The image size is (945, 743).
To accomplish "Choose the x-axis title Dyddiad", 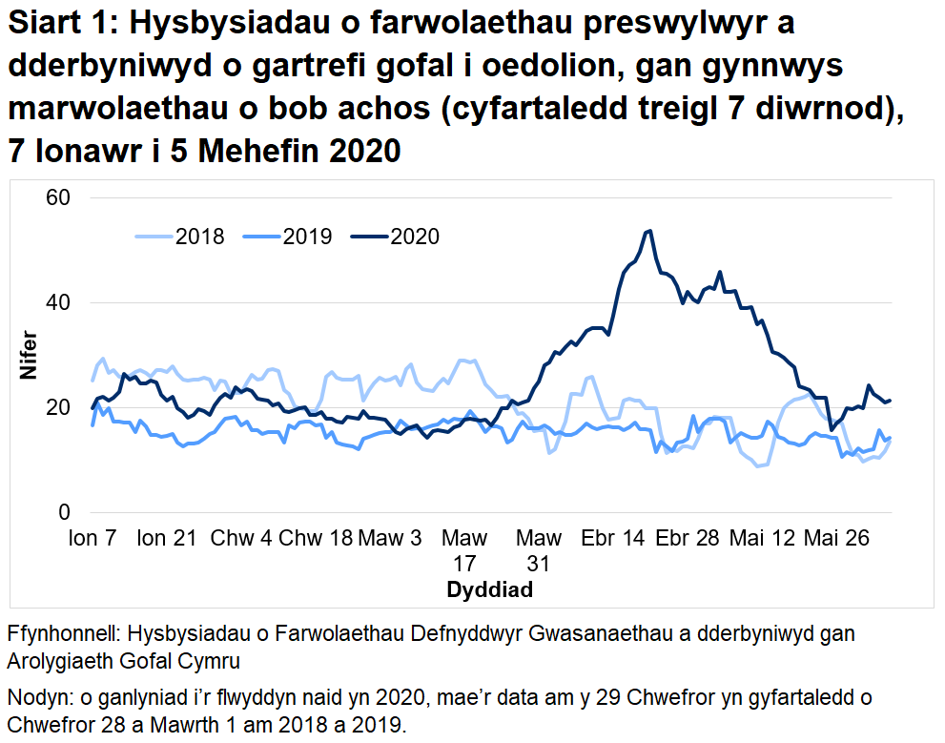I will click(x=489, y=589).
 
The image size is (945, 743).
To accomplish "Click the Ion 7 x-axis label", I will click(x=92, y=538).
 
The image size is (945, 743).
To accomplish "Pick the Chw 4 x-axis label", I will click(x=240, y=538).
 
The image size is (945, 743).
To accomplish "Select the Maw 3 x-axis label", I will click(x=389, y=538).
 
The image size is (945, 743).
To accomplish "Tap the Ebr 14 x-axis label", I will click(x=613, y=538).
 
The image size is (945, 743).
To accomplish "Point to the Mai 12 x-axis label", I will click(x=763, y=538).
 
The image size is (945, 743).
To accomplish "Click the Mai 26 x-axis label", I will click(x=836, y=538).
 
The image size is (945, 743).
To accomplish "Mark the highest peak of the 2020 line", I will click(x=648, y=230).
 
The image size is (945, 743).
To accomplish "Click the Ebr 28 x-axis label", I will click(x=688, y=538).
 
